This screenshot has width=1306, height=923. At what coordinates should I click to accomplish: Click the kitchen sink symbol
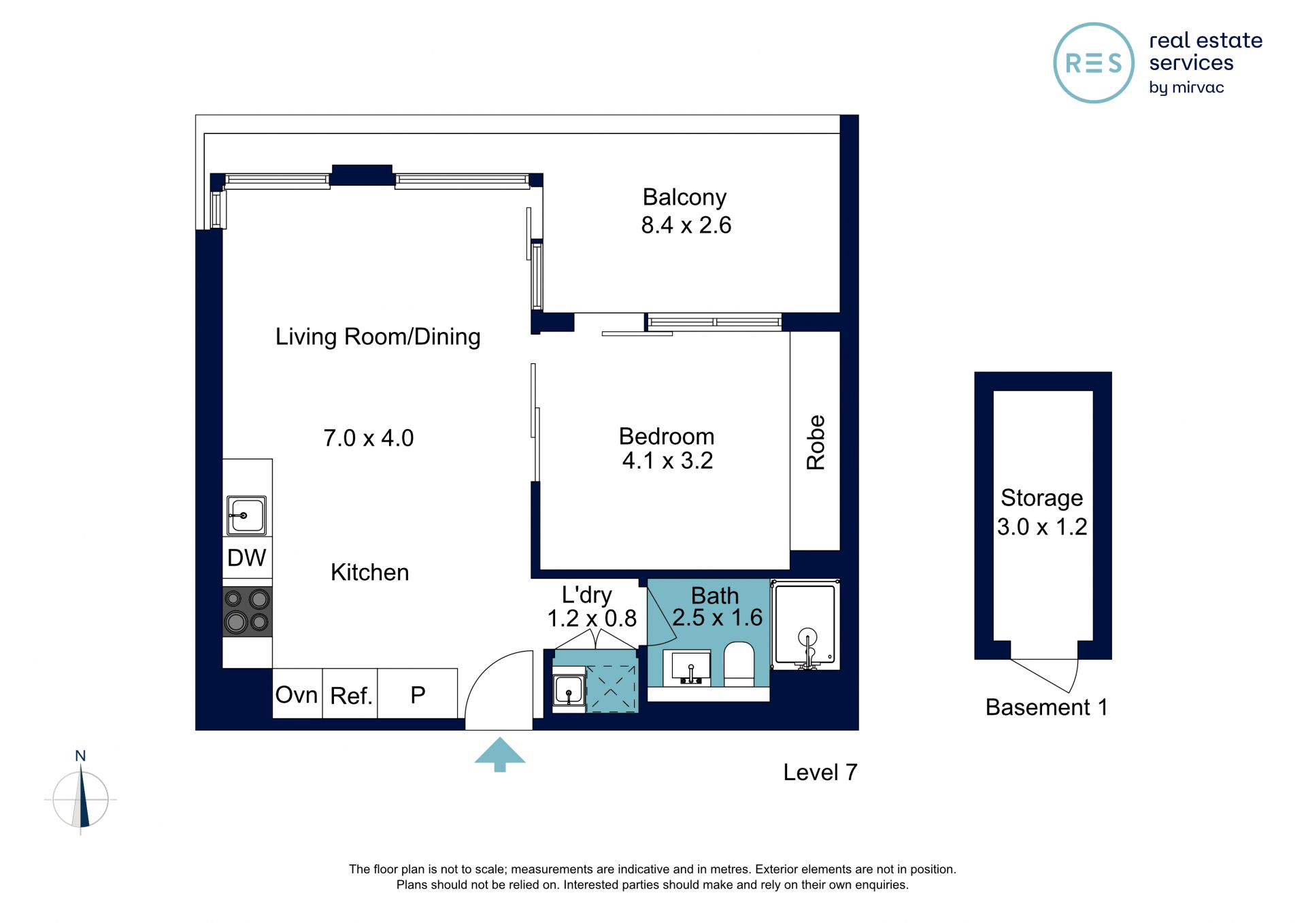(x=247, y=516)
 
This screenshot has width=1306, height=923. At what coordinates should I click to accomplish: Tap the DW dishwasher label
(x=246, y=558)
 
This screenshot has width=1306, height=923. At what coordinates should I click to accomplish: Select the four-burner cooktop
(x=248, y=611)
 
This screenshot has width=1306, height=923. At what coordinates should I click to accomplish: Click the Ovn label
(x=297, y=695)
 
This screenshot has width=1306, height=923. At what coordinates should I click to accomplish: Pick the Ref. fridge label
(x=351, y=696)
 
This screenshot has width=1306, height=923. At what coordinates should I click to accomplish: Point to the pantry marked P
(x=418, y=695)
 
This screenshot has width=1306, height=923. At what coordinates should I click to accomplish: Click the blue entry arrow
(x=500, y=754)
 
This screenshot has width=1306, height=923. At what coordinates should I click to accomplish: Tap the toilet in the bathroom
(x=739, y=664)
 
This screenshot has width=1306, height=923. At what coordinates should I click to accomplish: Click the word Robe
(x=816, y=442)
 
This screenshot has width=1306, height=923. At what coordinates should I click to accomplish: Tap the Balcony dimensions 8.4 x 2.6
(x=686, y=225)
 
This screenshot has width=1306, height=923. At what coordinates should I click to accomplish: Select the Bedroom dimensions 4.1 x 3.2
(x=667, y=460)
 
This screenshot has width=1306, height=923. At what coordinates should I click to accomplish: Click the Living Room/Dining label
(x=378, y=337)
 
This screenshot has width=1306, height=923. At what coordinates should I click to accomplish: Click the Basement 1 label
(x=1046, y=707)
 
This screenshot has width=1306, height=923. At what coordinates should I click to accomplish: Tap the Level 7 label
(x=820, y=772)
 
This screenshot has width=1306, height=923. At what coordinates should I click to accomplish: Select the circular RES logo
(x=1094, y=63)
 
